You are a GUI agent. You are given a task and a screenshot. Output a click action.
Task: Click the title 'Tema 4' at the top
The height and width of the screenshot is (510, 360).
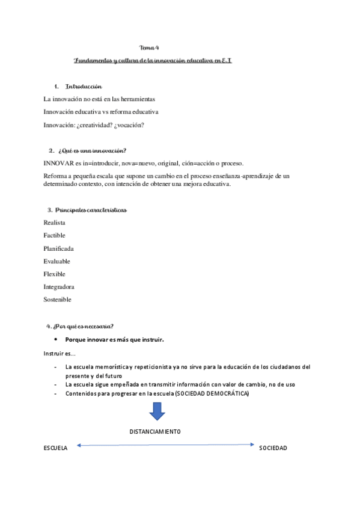(x=149, y=48)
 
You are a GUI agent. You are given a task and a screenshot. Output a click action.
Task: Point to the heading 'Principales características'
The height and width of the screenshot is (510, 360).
(x=90, y=210)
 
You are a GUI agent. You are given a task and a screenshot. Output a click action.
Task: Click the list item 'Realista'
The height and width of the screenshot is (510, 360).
(x=55, y=223)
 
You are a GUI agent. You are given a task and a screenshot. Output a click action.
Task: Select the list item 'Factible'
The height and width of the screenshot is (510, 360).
(x=55, y=235)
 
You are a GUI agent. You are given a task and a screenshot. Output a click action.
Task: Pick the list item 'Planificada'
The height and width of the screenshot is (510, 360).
(x=58, y=248)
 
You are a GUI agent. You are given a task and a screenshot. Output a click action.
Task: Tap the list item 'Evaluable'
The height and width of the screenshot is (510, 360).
(x=57, y=261)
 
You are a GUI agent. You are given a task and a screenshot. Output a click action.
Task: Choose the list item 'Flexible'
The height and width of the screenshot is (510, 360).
(x=55, y=274)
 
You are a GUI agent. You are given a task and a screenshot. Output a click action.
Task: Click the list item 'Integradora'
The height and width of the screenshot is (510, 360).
(x=59, y=287)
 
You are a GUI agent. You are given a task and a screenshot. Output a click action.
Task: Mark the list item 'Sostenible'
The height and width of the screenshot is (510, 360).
(x=58, y=300)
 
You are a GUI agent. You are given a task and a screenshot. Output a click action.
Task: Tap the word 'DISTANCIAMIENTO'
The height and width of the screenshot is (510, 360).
(x=155, y=432)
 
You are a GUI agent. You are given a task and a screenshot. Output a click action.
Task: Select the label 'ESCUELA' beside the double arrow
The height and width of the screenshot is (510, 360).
(x=56, y=449)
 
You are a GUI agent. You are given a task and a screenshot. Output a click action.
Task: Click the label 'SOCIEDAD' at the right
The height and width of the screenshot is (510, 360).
(x=273, y=449)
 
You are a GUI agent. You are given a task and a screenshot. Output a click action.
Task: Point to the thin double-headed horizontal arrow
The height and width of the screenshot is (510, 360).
(x=165, y=445)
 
